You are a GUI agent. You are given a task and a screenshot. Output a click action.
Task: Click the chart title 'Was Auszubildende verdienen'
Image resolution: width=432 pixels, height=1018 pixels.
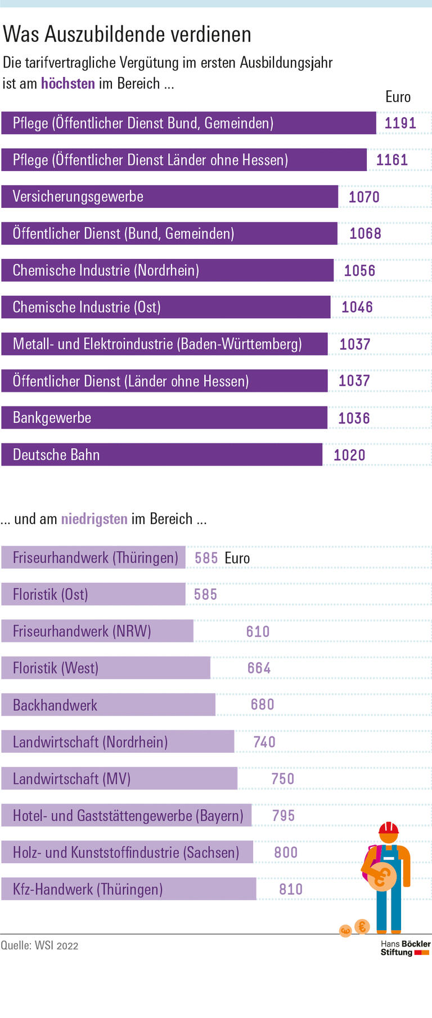(x=127, y=35)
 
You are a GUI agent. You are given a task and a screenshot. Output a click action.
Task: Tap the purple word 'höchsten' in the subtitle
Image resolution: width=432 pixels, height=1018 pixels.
(x=68, y=84)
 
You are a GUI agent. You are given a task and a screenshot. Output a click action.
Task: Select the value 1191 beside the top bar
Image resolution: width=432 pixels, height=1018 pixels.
(x=400, y=123)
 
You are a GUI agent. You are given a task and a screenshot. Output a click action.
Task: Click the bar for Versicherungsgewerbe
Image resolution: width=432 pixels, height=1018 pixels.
(x=169, y=197)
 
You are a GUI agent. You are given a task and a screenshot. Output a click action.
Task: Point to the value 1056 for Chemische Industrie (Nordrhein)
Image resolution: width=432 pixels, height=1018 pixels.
(x=359, y=271)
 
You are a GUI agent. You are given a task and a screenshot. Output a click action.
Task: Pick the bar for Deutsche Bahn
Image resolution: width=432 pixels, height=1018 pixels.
(x=161, y=455)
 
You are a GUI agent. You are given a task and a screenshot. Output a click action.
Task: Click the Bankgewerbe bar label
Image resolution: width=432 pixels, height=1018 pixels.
(x=52, y=418)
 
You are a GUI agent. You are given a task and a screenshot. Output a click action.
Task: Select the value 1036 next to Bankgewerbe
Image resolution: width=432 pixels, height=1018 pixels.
(x=354, y=418)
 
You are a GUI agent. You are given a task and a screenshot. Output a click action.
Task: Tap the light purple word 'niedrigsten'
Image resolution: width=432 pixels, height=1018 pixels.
(x=94, y=519)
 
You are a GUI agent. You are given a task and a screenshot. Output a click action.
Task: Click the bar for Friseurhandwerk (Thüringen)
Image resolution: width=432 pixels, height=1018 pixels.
(x=93, y=558)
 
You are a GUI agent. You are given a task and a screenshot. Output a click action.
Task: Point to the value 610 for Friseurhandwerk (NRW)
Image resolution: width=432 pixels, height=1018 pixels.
(x=258, y=632)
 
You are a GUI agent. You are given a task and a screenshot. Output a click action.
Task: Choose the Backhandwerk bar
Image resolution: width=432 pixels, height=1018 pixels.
(x=108, y=706)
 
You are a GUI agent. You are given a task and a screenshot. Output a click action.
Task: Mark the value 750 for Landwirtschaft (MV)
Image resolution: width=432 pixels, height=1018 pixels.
(x=282, y=779)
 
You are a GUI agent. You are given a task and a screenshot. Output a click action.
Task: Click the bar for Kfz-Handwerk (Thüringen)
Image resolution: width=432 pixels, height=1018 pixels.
(x=128, y=890)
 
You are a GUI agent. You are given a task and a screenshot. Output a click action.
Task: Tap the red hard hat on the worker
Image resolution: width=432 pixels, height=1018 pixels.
(x=388, y=828)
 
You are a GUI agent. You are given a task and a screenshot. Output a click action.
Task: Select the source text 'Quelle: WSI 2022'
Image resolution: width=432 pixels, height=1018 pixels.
(x=39, y=945)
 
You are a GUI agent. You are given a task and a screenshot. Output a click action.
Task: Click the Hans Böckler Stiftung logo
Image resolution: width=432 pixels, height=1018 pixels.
(x=405, y=948)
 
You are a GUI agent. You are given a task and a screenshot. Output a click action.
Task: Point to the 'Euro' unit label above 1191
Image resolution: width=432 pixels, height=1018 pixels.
(x=398, y=97)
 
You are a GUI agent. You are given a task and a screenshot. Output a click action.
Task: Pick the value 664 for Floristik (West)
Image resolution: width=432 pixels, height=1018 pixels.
(x=259, y=668)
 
